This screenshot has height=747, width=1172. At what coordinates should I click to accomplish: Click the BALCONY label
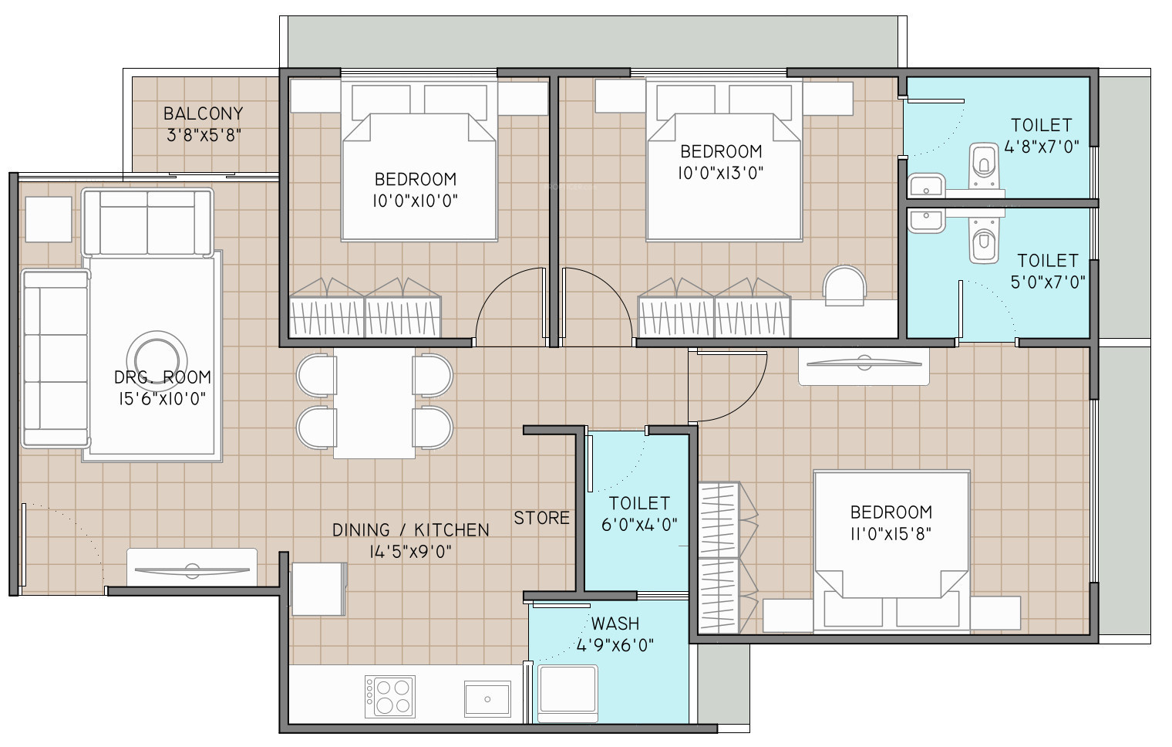[x=204, y=113]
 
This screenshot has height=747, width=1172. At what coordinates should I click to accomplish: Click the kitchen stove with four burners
[x=390, y=696]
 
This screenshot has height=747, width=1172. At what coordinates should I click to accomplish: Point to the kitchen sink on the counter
[x=487, y=699]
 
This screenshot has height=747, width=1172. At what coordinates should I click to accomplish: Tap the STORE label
[x=541, y=518]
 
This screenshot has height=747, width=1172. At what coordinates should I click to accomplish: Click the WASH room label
[x=615, y=624]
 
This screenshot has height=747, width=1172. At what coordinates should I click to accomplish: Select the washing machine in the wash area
[x=567, y=693]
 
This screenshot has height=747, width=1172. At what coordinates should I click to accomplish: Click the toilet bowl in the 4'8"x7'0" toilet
[x=984, y=165]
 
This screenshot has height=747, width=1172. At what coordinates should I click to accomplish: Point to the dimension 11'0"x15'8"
[x=891, y=534]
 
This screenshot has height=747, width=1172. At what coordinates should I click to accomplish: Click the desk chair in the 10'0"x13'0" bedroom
[x=844, y=286]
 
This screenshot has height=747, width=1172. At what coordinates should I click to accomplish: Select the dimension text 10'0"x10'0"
[x=416, y=201]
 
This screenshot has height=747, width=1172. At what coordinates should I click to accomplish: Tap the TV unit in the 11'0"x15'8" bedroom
[x=864, y=366]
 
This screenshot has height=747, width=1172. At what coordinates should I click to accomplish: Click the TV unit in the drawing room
[x=192, y=567]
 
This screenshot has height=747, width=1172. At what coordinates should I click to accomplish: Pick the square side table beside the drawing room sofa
[x=49, y=219]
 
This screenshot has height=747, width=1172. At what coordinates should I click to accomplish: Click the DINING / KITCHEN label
[x=411, y=529]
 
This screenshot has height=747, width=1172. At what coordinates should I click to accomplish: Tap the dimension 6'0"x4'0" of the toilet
[x=639, y=525]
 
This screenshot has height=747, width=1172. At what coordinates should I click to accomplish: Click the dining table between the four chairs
[x=375, y=403]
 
